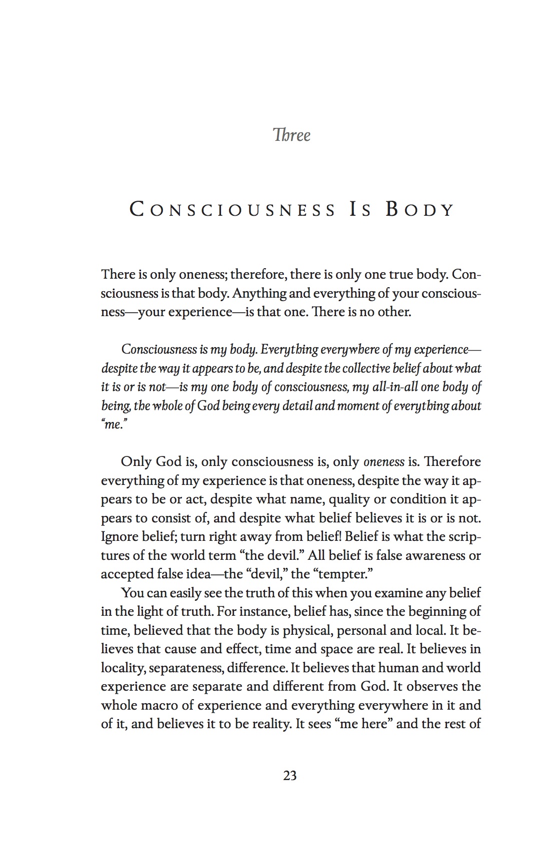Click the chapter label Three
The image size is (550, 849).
click(x=291, y=135)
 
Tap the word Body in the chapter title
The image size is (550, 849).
click(x=419, y=210)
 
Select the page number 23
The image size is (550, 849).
click(x=290, y=776)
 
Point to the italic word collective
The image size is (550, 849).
click(x=384, y=369)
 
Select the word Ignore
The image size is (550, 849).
click(x=118, y=537)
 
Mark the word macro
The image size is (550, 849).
click(x=146, y=706)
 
